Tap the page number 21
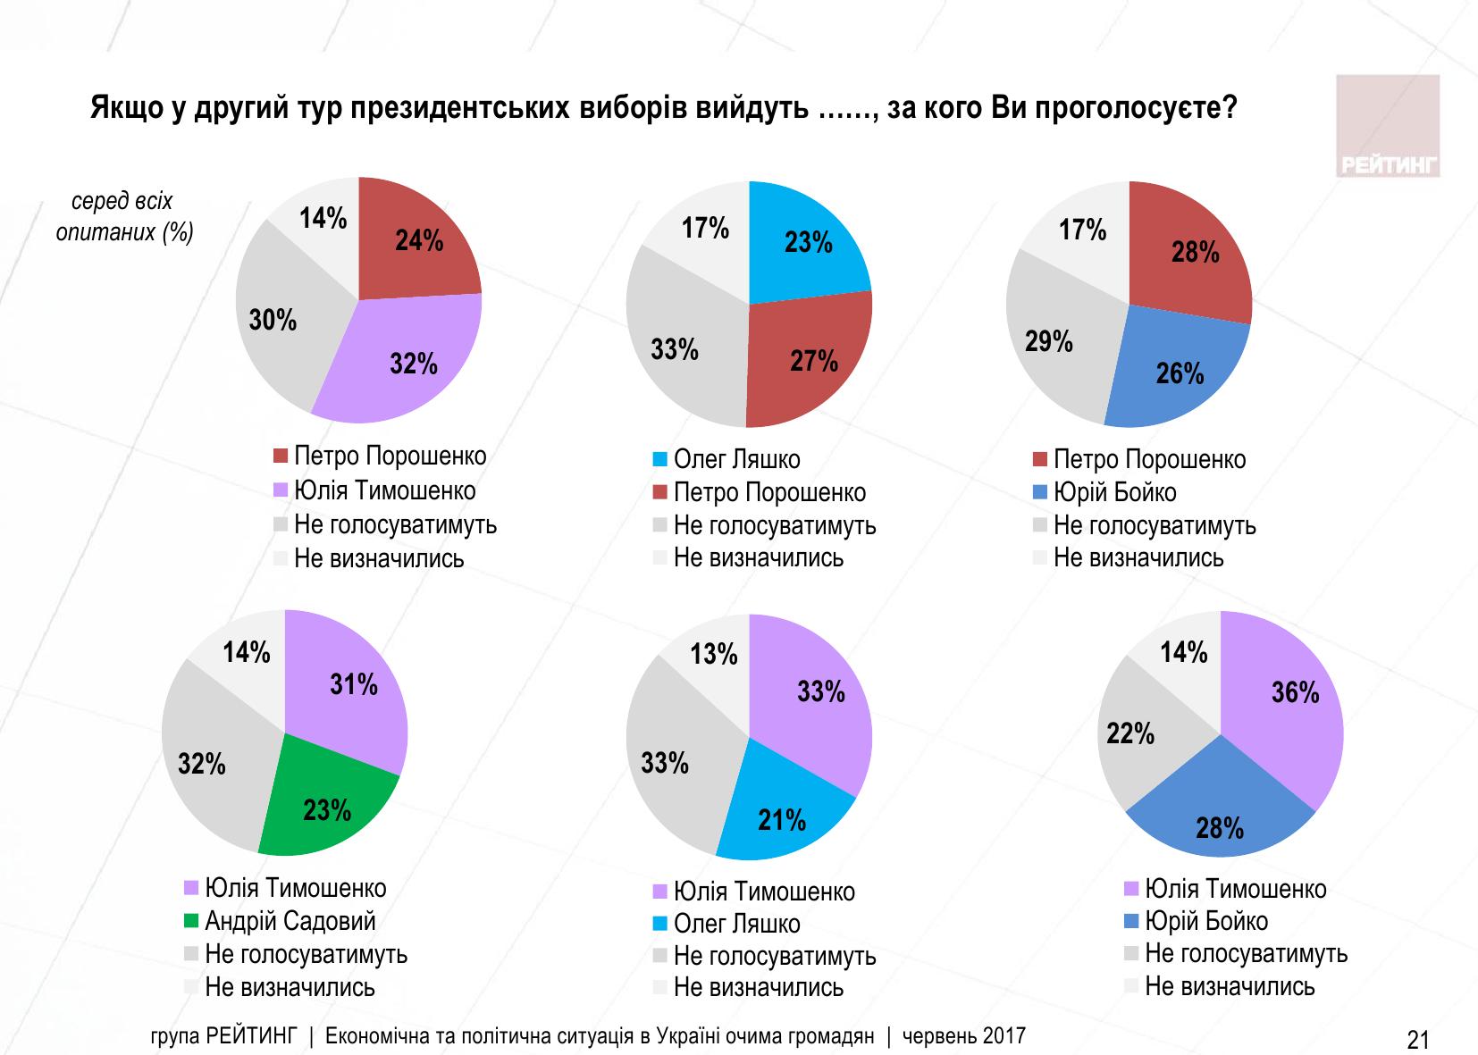(1418, 1039)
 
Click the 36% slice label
(1295, 692)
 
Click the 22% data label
(1130, 734)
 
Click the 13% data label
(714, 655)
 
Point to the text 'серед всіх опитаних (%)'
(123, 217)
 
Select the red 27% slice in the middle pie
(810, 362)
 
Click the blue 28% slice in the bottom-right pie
(1220, 817)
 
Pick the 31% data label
(354, 685)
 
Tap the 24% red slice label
(419, 239)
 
